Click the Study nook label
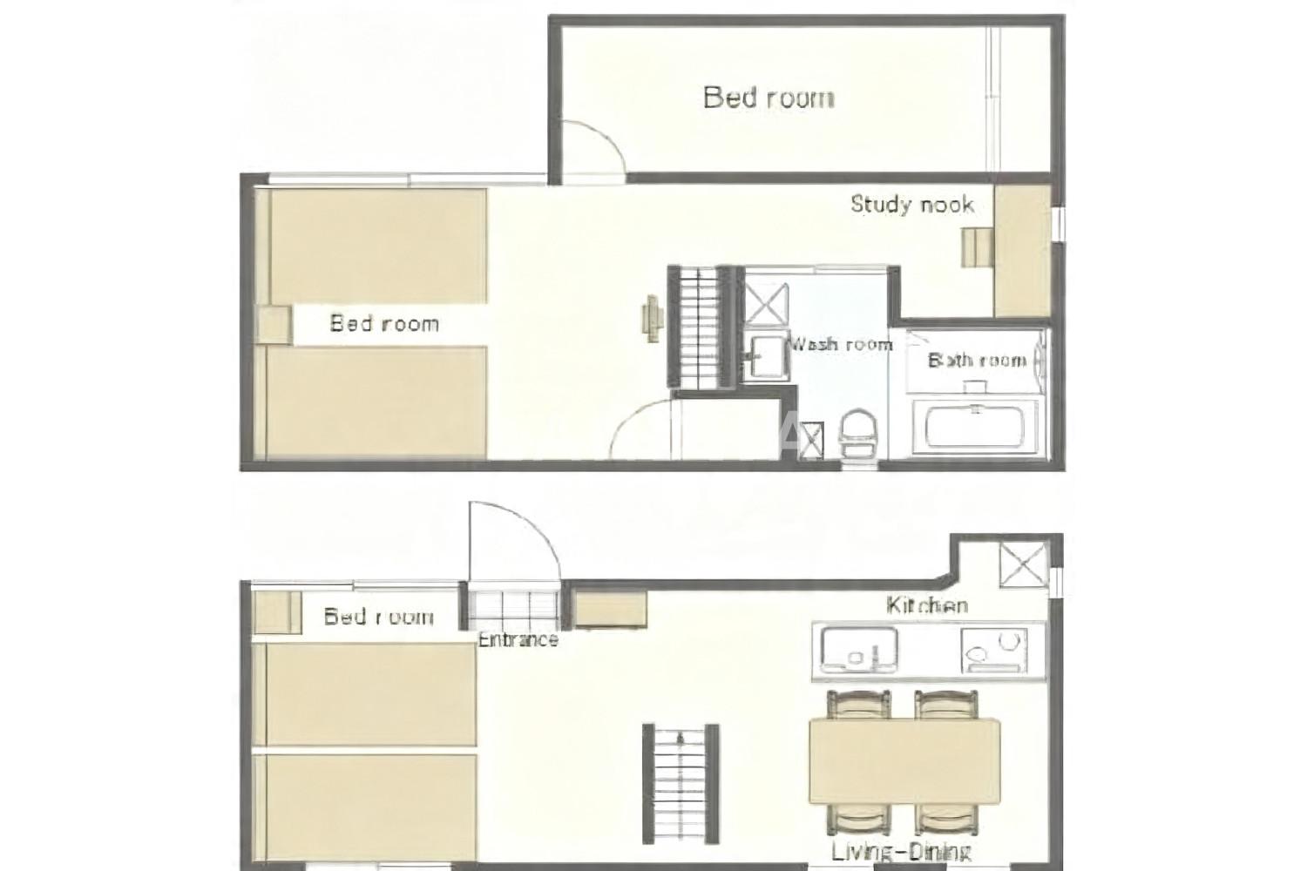(x=912, y=204)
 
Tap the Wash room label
(x=840, y=344)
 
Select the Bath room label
(x=978, y=360)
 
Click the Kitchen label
(x=927, y=605)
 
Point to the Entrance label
(x=518, y=640)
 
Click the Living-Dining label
(x=902, y=853)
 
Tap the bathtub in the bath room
(x=975, y=426)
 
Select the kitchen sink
(x=859, y=649)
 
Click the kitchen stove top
(x=994, y=649)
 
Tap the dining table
(x=904, y=761)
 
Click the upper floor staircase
(x=701, y=327)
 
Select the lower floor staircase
(x=681, y=784)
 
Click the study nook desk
(x=1023, y=252)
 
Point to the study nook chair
(x=978, y=247)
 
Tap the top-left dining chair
(x=859, y=704)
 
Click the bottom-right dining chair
(x=946, y=819)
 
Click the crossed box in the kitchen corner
(x=1024, y=564)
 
